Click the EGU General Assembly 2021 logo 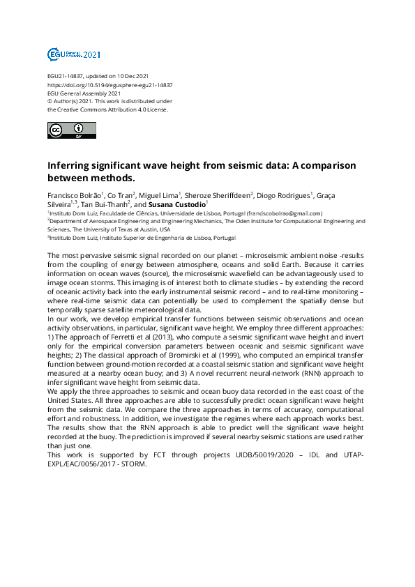pos(73,54)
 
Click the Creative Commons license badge pos(72,130)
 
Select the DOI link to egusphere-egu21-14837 pos(110,84)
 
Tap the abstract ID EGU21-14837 pos(66,76)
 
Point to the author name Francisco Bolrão pos(75,195)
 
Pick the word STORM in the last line pos(132,464)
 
